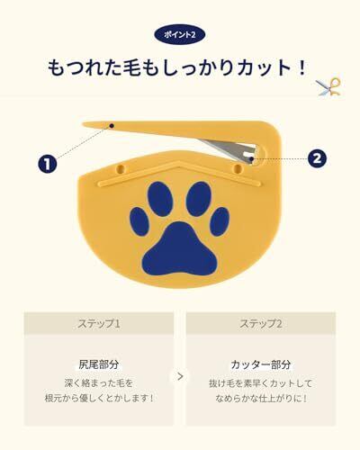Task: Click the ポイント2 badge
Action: (x=180, y=34)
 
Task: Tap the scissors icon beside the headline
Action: (x=328, y=87)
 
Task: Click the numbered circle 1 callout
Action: (x=48, y=164)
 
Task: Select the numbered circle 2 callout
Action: (x=317, y=157)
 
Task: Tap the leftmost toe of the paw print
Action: (x=139, y=221)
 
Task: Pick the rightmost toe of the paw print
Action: (x=220, y=221)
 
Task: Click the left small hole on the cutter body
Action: (x=121, y=167)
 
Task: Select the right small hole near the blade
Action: (x=238, y=167)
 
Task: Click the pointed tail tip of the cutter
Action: (x=84, y=123)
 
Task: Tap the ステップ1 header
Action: (x=99, y=324)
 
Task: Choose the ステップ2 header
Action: (x=261, y=324)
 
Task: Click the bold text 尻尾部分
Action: (x=99, y=364)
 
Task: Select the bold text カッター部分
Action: (x=261, y=364)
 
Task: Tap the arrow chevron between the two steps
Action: (x=180, y=376)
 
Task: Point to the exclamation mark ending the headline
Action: (x=301, y=68)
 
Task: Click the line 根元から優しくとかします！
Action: (x=99, y=399)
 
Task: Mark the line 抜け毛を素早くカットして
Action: (x=261, y=383)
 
